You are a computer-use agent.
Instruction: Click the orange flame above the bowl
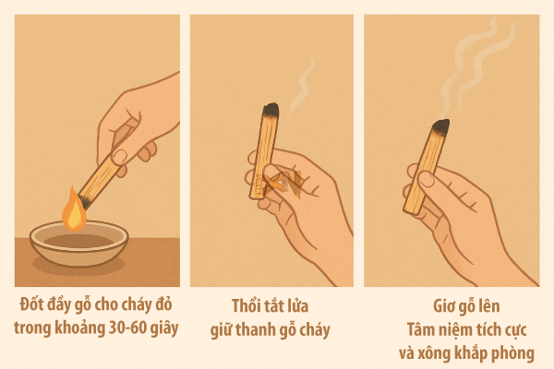[74, 209]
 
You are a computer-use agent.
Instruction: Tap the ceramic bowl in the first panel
[78, 244]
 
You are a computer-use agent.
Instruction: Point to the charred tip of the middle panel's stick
[270, 113]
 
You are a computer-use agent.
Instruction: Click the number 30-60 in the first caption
[125, 327]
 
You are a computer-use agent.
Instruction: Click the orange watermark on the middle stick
[273, 184]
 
